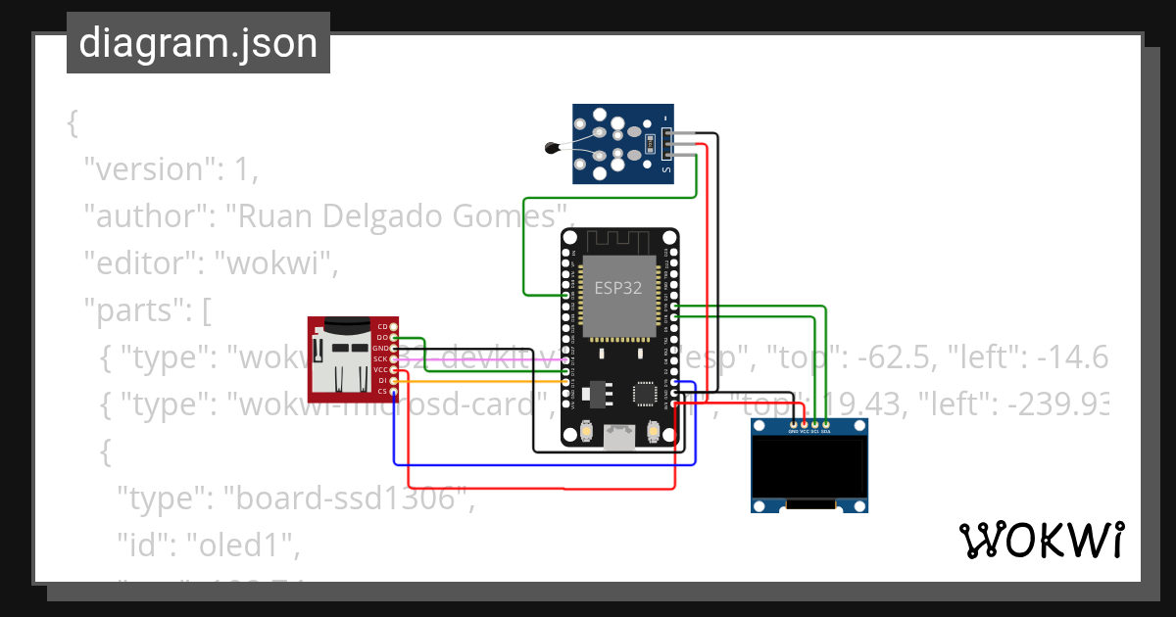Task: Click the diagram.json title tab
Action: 198,43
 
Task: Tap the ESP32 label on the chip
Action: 618,288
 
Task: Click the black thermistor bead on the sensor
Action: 552,149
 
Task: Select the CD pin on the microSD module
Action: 394,326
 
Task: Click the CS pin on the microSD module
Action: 394,392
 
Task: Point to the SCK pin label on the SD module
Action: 380,359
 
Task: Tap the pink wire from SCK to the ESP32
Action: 490,359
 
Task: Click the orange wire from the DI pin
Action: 490,381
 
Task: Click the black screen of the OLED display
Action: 808,468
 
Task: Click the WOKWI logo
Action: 1041,540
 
